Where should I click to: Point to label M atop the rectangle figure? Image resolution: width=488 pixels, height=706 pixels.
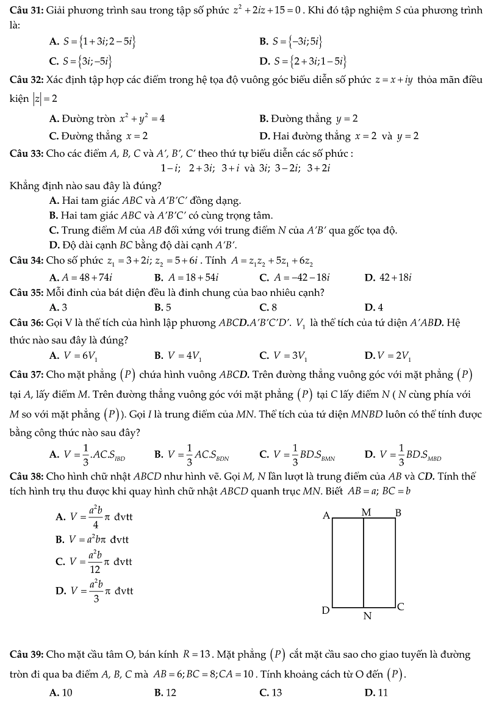point(366,513)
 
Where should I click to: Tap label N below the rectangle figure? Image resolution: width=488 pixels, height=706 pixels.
point(367,616)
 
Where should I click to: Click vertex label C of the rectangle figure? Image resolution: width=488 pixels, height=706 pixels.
point(401,607)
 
